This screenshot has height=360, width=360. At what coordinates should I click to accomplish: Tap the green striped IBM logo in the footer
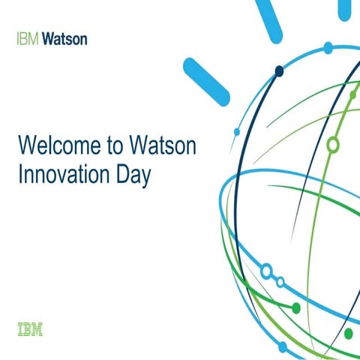tap(29, 328)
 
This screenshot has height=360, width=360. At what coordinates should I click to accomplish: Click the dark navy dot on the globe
tap(279, 71)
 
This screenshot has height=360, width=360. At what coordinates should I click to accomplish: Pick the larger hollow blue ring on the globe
tap(265, 270)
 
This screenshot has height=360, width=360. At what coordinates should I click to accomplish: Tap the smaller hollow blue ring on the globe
tap(280, 283)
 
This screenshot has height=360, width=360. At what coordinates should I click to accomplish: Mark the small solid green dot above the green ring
tap(352, 94)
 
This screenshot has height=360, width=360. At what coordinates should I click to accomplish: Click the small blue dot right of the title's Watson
tap(237, 131)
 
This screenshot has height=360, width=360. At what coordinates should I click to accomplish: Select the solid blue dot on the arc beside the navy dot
tap(328, 47)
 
